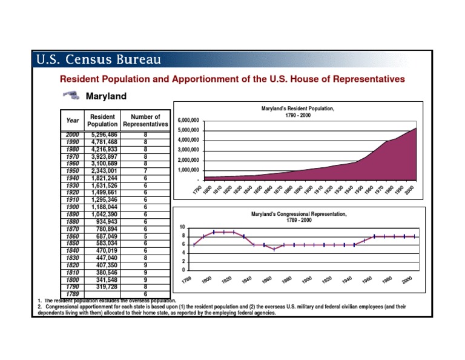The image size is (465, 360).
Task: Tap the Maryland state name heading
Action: (106, 96)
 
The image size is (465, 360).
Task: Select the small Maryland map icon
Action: (71, 95)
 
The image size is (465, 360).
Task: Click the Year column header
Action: (72, 121)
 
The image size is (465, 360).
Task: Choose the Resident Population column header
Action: (102, 121)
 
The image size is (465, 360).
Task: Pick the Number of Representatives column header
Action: (145, 121)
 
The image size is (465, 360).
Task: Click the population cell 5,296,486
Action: (104, 135)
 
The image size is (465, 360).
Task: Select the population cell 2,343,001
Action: (104, 171)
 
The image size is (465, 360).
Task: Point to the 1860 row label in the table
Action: (72, 236)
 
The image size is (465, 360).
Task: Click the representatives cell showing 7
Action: (145, 171)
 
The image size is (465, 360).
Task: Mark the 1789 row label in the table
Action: (72, 295)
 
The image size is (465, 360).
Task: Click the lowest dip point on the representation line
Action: (274, 249)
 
